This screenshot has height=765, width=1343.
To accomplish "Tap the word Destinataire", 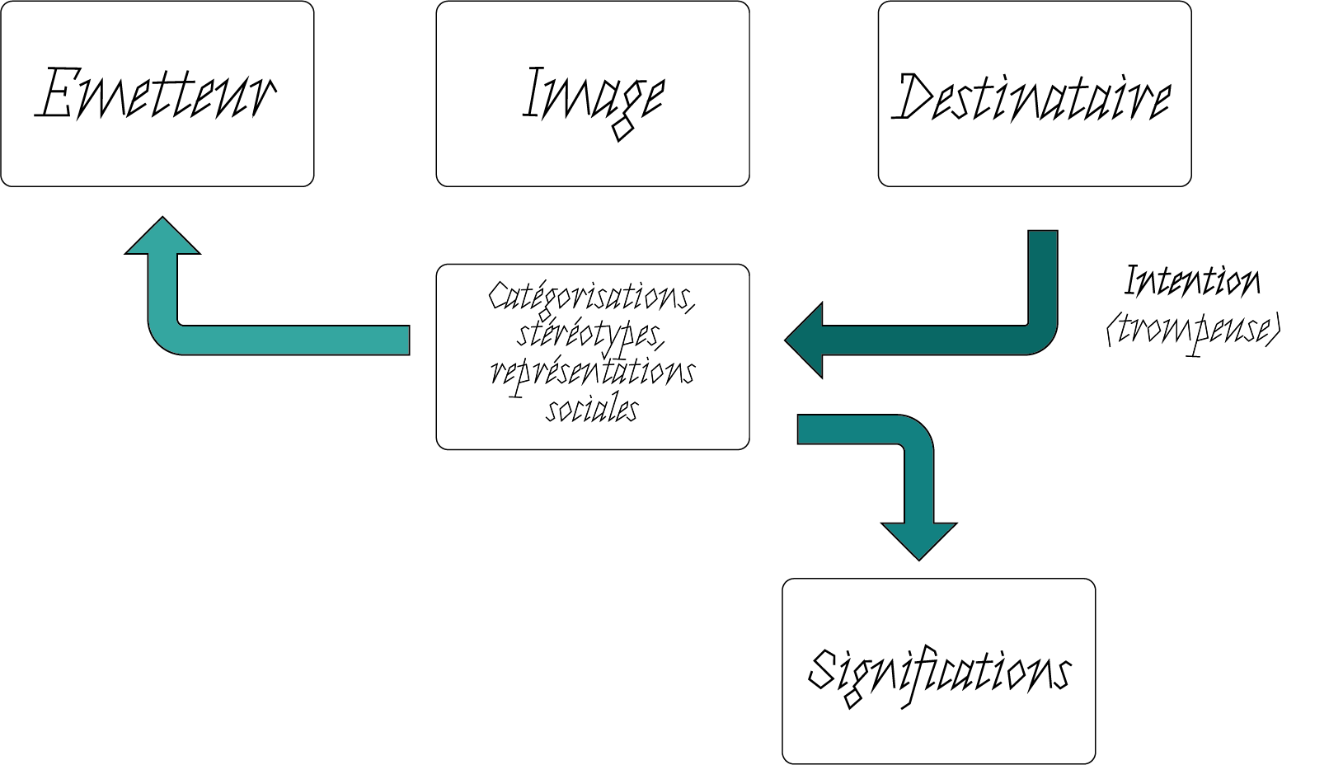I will (x=1032, y=97).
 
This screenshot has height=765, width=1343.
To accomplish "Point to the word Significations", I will (x=939, y=671).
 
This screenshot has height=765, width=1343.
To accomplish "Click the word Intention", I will (x=1193, y=282).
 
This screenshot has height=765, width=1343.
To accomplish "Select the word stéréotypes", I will (x=590, y=334).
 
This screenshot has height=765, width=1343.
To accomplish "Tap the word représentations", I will (x=592, y=372).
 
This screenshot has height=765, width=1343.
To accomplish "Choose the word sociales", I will (x=592, y=409).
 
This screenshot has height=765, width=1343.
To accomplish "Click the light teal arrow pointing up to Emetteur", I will (x=247, y=339).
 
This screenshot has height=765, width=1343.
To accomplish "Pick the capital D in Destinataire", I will (x=915, y=97).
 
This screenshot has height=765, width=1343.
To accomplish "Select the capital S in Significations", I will (x=824, y=669).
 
